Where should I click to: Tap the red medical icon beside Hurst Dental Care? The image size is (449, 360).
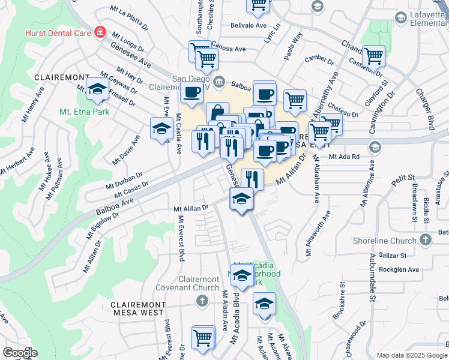(x=100, y=32)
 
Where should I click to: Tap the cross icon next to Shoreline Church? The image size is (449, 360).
(x=426, y=240)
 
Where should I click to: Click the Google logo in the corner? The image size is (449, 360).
(x=20, y=353)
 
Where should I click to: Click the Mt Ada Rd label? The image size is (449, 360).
(x=343, y=157)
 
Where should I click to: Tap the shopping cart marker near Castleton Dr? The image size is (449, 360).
(x=374, y=57)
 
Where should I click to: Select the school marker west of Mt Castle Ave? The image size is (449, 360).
(x=161, y=128)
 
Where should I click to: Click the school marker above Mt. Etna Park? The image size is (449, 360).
(x=97, y=89)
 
